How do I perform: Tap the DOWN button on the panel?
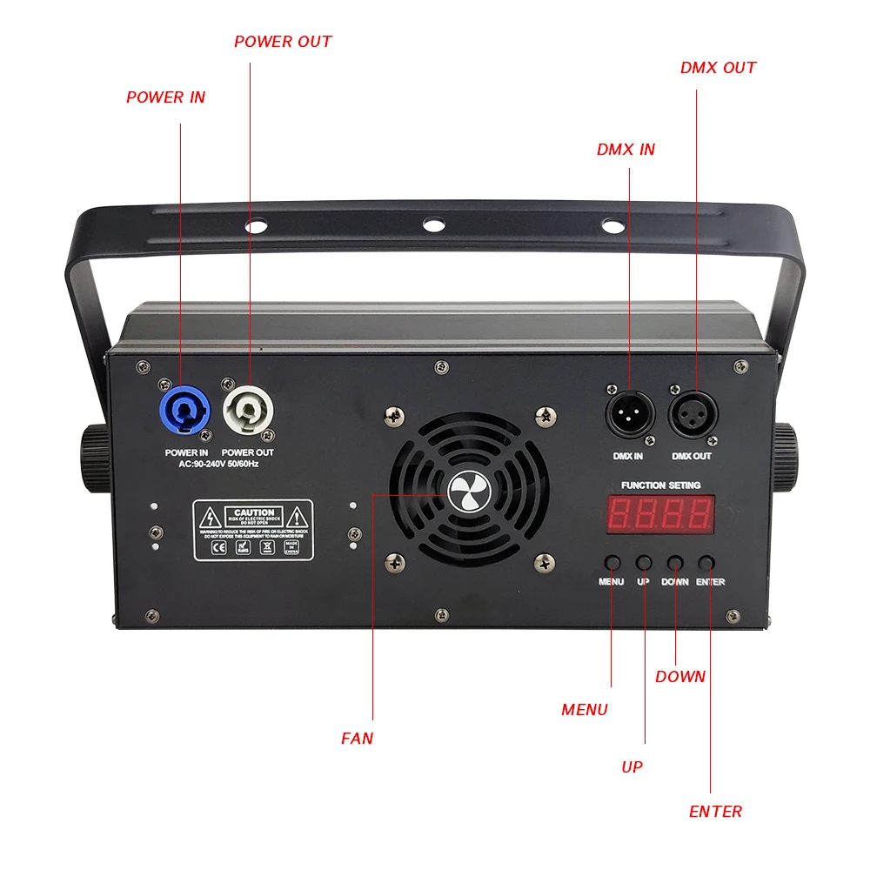click(x=675, y=562)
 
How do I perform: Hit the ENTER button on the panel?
click(x=709, y=562)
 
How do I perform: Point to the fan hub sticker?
click(x=471, y=493)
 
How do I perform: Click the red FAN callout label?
click(x=357, y=739)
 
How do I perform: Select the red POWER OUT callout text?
click(x=283, y=42)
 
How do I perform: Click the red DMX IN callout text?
click(x=626, y=150)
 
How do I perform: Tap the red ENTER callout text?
click(x=715, y=812)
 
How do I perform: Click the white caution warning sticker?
click(x=253, y=530)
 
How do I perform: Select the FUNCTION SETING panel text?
click(x=660, y=485)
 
